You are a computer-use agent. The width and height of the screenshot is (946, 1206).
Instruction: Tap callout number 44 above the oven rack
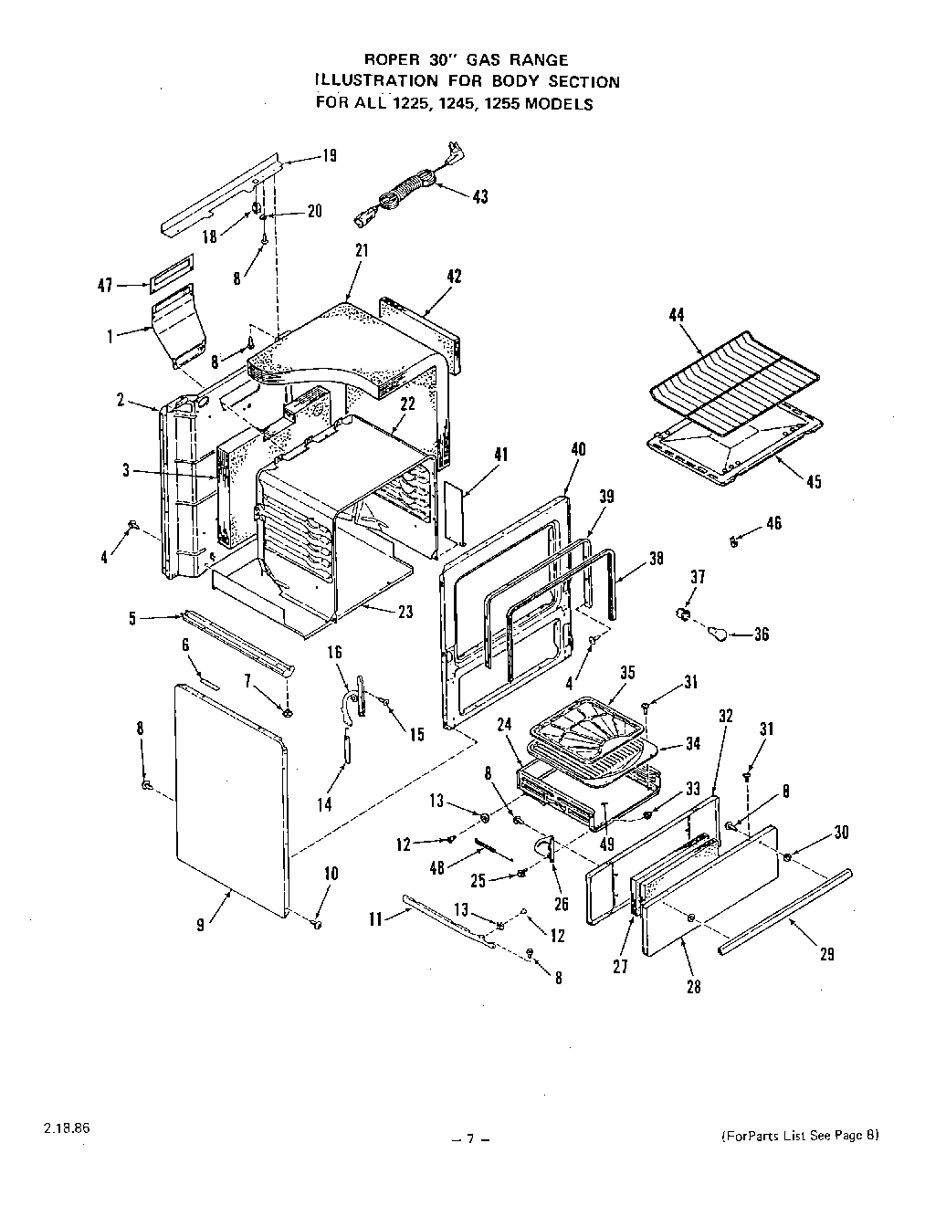(x=676, y=315)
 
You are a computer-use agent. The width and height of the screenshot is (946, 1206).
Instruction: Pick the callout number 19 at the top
(x=328, y=156)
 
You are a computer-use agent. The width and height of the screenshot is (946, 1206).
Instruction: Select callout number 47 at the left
(x=106, y=286)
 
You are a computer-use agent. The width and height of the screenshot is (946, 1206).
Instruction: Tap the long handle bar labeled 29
(x=785, y=909)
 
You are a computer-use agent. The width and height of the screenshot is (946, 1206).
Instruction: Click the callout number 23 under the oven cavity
(x=405, y=613)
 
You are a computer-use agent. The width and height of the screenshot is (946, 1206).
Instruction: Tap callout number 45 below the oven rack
(x=814, y=482)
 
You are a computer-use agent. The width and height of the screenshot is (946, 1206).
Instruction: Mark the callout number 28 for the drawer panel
(x=693, y=987)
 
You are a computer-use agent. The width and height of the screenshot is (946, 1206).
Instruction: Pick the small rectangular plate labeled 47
(x=172, y=267)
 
